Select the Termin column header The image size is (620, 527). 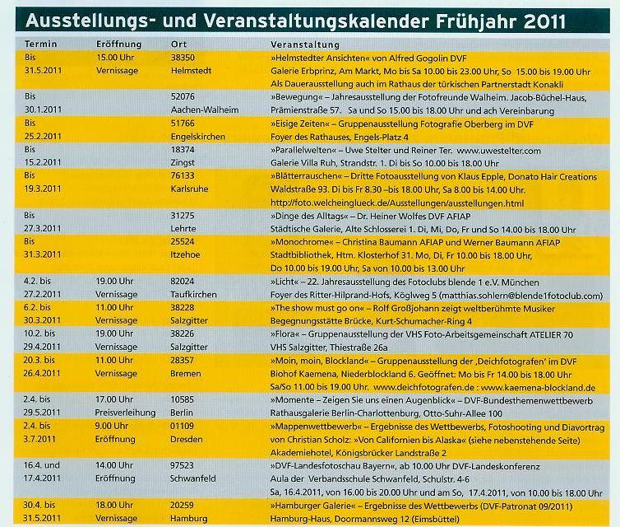point(41,44)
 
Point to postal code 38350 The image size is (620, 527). point(183,58)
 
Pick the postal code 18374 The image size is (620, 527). point(183,150)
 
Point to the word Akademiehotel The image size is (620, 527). point(301,452)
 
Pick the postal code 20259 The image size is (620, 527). point(183,504)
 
